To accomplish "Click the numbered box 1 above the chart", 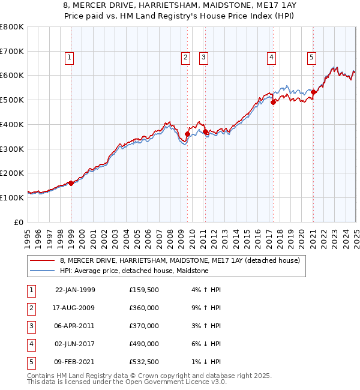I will click(70, 58).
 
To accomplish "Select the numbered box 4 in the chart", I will click(271, 58).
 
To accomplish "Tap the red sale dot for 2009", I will click(187, 134).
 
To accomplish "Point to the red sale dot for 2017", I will click(273, 102).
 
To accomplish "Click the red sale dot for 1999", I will click(71, 183).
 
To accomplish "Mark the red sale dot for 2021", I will click(313, 92).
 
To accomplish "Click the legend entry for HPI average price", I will click(133, 271).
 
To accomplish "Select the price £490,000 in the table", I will click(144, 344).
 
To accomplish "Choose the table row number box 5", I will click(30, 362).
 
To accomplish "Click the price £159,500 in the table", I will click(144, 290).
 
